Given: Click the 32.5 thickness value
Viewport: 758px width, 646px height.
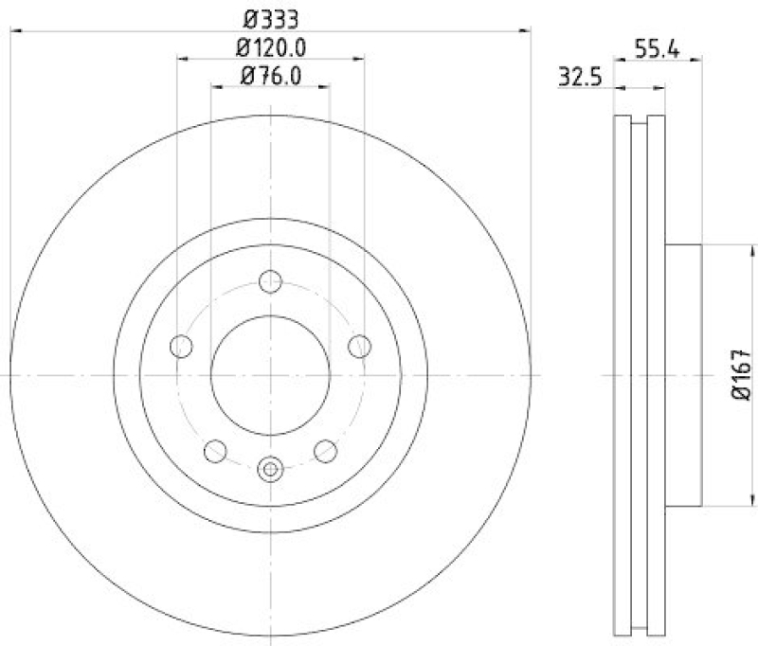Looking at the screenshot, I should click(582, 79).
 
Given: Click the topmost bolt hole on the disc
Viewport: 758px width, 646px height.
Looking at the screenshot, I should click(271, 281).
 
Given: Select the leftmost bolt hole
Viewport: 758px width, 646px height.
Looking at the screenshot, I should click(182, 347).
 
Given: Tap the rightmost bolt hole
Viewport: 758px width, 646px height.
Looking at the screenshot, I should click(359, 347).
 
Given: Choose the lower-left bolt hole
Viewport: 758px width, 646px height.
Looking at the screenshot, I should click(216, 451).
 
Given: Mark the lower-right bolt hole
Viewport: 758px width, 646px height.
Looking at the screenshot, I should click(326, 451).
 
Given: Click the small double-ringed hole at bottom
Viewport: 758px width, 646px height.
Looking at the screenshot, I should click(271, 468).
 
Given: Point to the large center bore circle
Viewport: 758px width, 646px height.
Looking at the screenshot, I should click(271, 374).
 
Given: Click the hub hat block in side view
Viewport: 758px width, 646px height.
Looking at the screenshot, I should click(682, 374).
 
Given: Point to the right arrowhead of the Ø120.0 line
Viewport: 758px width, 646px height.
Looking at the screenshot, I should click(359, 59).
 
